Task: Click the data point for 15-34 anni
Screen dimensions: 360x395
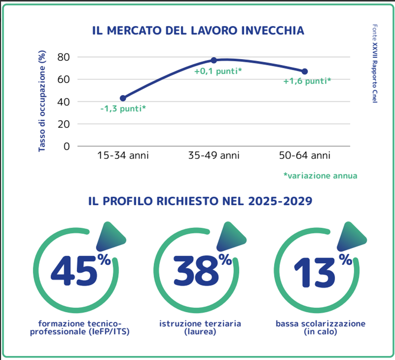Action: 123,98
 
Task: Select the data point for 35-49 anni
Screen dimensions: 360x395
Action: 213,60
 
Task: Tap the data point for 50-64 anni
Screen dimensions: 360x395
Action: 304,71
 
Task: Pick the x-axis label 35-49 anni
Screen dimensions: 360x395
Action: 214,156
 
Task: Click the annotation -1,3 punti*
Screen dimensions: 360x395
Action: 123,109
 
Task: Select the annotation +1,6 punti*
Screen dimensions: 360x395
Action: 307,81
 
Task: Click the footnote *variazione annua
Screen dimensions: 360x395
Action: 320,176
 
